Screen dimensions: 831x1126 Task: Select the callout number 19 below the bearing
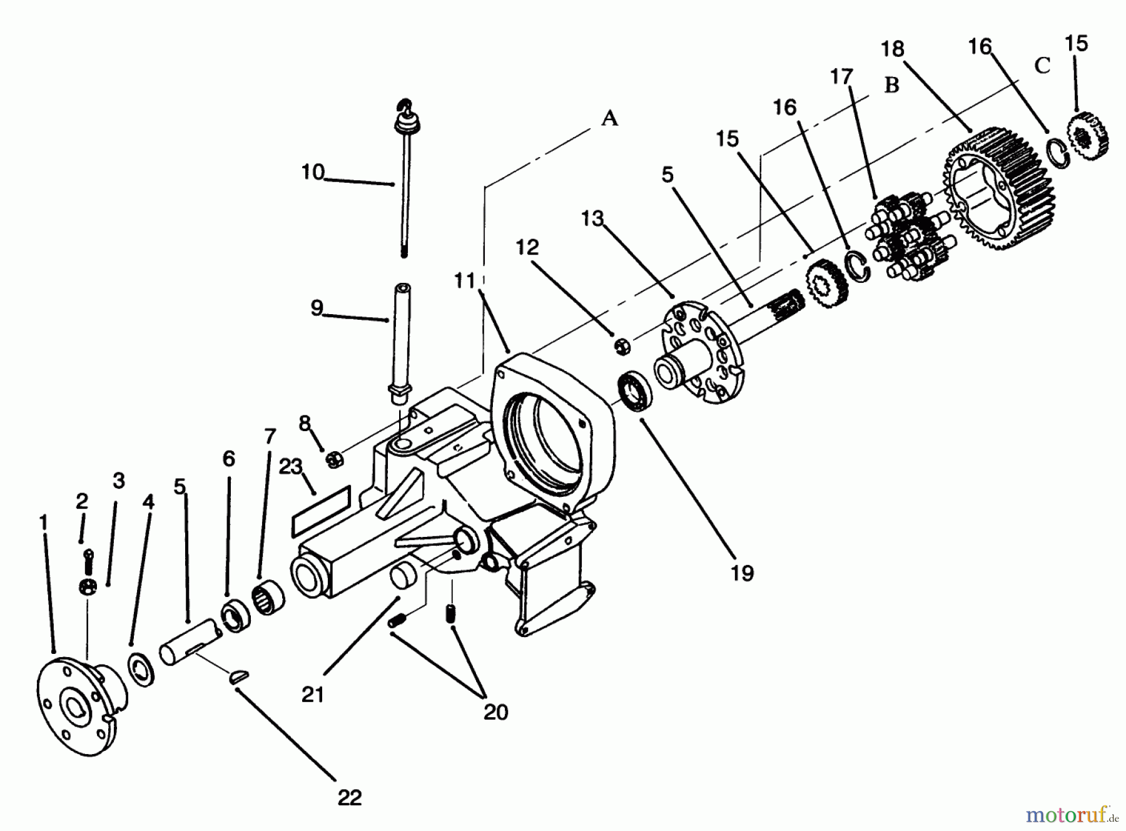pos(742,573)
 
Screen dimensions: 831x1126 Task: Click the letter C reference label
pos(1042,66)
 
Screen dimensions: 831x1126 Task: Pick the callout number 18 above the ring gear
pos(893,49)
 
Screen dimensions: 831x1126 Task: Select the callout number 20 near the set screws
pos(495,712)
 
